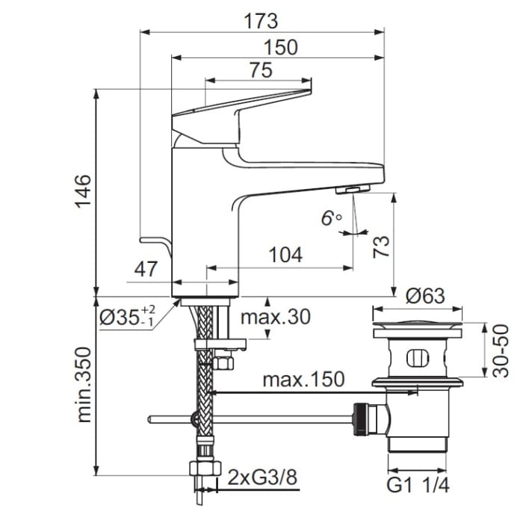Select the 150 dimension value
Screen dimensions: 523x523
point(281,47)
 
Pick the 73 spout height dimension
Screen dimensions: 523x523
point(381,246)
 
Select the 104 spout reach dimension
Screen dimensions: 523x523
point(285,255)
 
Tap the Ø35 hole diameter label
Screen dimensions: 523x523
point(127,317)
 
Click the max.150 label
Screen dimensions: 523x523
point(303,380)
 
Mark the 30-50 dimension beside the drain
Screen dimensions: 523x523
point(503,350)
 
